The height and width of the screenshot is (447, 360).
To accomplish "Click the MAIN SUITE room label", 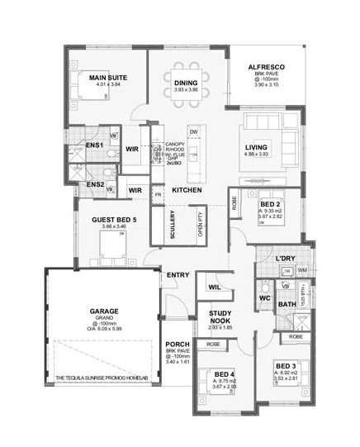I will click(x=105, y=77).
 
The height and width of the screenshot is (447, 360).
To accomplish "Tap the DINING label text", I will click(x=186, y=82).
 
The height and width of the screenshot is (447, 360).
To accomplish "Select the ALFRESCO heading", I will click(x=267, y=66).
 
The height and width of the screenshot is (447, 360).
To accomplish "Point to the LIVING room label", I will click(x=257, y=147).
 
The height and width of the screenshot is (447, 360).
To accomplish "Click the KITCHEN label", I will click(x=187, y=191).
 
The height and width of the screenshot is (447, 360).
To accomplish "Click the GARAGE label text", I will click(x=104, y=312).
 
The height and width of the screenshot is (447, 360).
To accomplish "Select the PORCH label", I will click(x=178, y=345).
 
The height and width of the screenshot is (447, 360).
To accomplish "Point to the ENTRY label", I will click(x=178, y=275).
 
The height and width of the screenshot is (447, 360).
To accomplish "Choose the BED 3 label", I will click(x=285, y=365).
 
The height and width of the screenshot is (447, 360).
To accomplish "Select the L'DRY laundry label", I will click(x=285, y=259).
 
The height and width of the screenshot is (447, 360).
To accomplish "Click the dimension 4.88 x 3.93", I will click(x=257, y=155).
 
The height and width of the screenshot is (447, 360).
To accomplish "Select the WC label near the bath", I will click(x=265, y=297).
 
